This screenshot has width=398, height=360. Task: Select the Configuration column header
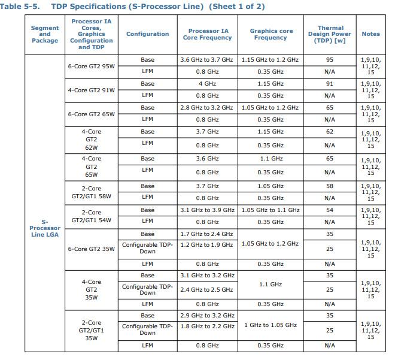(147, 34)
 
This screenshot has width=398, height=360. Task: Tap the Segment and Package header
(45, 34)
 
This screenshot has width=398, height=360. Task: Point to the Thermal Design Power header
(330, 34)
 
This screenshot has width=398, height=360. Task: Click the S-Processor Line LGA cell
(45, 228)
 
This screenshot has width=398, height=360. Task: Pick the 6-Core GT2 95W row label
(91, 66)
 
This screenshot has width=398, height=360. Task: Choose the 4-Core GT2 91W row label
(91, 90)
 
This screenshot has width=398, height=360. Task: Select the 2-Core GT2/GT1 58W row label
(91, 192)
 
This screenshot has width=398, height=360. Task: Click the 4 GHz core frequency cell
(207, 84)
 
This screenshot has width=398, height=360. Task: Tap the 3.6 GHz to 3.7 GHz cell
(207, 60)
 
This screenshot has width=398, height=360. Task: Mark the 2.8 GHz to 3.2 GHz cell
(207, 108)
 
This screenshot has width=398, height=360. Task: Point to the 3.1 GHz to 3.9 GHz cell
(207, 210)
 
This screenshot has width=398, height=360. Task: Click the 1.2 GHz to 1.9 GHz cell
(207, 244)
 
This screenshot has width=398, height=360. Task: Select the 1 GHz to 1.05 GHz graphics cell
(270, 325)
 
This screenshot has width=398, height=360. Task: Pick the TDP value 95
(329, 60)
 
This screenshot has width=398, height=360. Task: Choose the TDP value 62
(329, 132)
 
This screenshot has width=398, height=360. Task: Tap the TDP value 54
(329, 210)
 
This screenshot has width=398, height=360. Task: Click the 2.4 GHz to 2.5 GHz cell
(207, 289)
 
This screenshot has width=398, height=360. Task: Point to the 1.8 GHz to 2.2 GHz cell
(207, 326)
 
